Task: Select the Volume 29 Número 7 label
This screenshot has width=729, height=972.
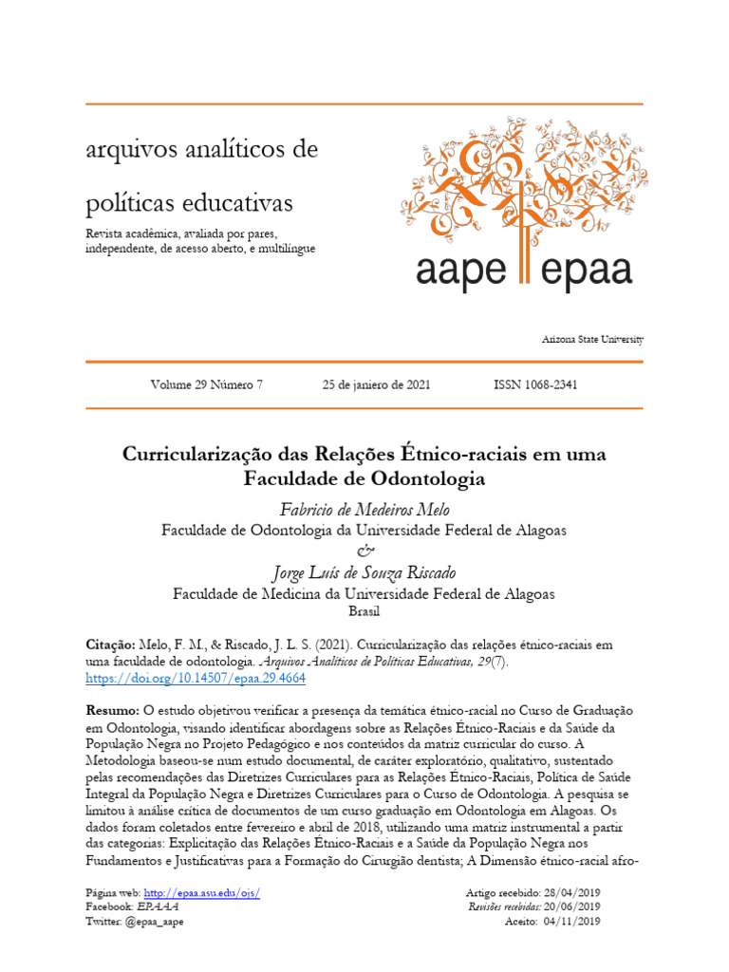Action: [x=206, y=384]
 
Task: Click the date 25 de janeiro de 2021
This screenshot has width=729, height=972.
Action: [x=377, y=384]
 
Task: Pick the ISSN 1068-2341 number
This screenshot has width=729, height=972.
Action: [x=535, y=384]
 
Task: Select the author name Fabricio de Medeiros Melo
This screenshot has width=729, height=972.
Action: [x=364, y=511]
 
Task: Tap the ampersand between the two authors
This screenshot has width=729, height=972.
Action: [x=364, y=551]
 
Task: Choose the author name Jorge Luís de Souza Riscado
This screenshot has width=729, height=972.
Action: [x=364, y=572]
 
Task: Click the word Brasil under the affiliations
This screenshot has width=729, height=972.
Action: [x=364, y=612]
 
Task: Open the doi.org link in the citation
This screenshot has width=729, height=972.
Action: [x=196, y=680]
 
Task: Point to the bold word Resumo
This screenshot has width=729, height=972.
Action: [x=112, y=711]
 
